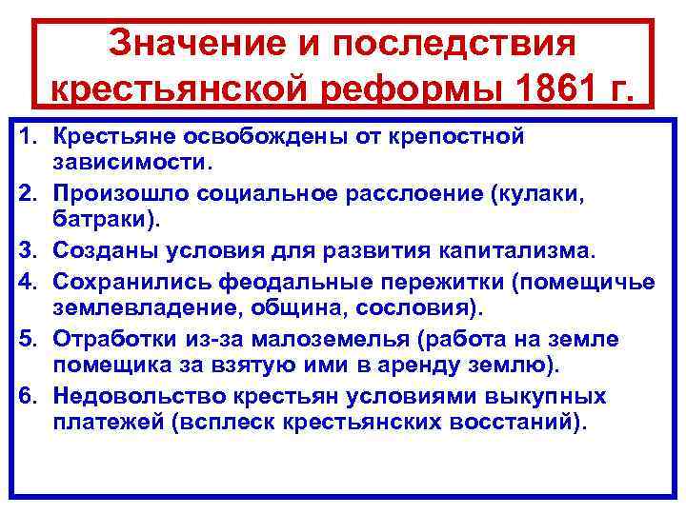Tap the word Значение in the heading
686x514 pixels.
189,43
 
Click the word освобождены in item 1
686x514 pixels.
232,137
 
